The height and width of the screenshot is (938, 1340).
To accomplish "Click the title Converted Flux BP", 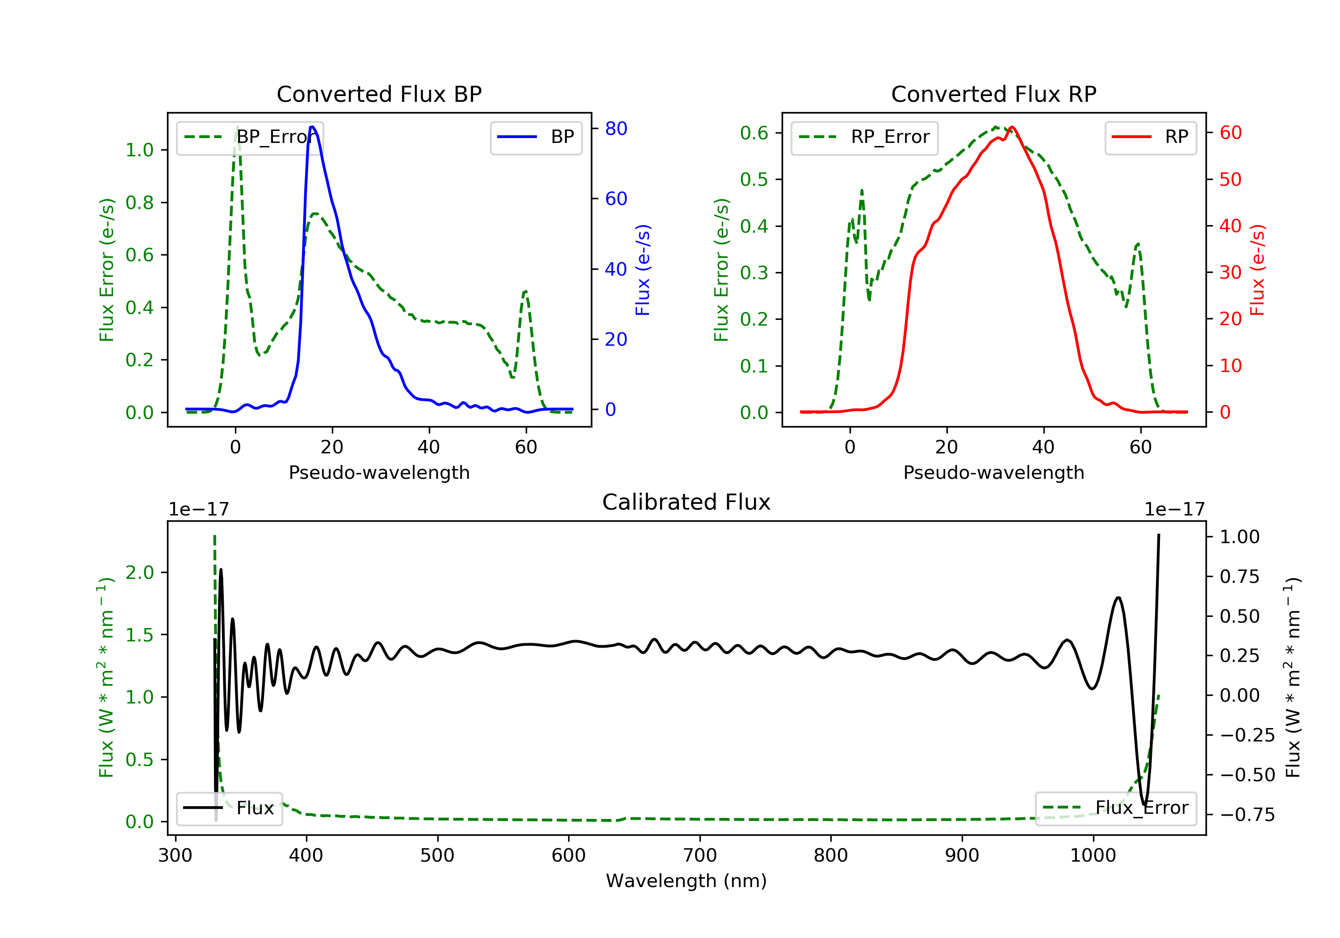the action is [379, 94].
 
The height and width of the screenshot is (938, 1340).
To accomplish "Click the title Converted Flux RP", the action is [993, 94].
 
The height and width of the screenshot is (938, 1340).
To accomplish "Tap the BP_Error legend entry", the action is [250, 137].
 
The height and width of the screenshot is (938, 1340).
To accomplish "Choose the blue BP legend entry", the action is [536, 137].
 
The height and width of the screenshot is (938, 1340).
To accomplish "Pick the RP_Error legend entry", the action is [864, 137].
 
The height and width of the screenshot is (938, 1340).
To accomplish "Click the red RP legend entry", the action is [1150, 137].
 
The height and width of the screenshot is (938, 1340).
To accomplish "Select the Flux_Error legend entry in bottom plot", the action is [1115, 808].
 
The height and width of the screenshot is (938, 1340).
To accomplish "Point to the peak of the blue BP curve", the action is [312, 127].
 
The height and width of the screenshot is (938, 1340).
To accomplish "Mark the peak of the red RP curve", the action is [1012, 127].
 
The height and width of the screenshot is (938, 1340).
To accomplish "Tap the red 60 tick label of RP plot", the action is [1230, 133].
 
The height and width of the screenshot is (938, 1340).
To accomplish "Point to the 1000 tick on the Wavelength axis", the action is [1093, 855].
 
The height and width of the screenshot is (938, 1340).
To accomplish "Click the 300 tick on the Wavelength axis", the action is [175, 855].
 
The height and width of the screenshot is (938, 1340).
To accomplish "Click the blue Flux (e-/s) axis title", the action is [643, 270].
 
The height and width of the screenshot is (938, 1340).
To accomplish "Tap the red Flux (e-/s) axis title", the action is [1257, 270].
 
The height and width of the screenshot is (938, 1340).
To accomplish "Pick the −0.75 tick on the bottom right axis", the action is [1247, 815].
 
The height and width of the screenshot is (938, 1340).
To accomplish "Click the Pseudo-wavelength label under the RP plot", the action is [993, 472].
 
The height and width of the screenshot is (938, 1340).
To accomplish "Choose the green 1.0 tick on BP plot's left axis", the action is [139, 150].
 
